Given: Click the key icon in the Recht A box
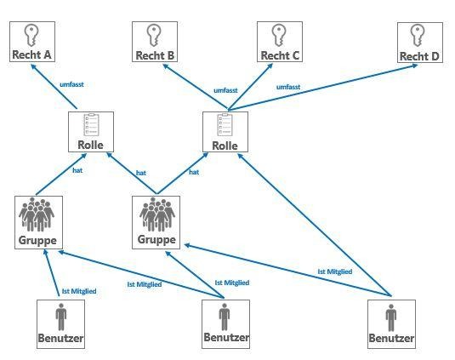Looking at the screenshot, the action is [x=31, y=35].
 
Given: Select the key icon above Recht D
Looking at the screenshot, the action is [x=418, y=36].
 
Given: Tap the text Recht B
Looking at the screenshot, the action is [x=155, y=55].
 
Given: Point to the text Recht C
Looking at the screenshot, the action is [x=280, y=55].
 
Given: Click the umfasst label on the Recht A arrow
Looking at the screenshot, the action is [x=71, y=84].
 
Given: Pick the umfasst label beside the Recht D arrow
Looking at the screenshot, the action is [x=288, y=87].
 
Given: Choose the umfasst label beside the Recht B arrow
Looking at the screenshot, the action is [x=225, y=90].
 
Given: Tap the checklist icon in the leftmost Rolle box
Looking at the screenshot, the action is [x=91, y=125].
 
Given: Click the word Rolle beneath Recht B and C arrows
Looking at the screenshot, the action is [x=225, y=146].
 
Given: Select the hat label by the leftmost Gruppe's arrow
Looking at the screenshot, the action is [x=77, y=170].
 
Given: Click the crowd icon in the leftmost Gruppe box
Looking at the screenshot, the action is [x=37, y=214].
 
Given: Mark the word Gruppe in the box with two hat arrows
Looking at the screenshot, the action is [x=156, y=240].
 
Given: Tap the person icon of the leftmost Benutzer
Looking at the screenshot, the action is [x=61, y=317].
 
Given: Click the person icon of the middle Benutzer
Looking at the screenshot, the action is [x=225, y=317].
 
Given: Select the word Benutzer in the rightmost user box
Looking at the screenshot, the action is [x=391, y=338].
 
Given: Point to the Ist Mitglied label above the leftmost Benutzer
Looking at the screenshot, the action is [x=79, y=291].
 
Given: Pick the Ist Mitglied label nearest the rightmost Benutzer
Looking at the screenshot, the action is [x=335, y=271].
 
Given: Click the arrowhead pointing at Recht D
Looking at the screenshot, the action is [x=415, y=66].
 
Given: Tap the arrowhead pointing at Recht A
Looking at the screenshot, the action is [x=33, y=67].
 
